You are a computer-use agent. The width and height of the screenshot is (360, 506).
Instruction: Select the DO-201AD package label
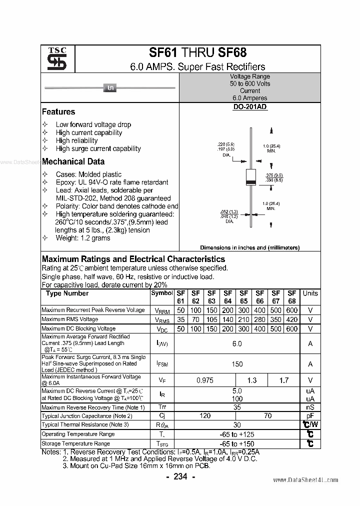249,107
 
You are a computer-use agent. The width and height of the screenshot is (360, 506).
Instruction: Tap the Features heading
58,112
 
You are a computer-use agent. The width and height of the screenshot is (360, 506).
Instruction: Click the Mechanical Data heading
73,161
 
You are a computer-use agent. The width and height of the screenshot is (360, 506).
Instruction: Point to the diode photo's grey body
110,88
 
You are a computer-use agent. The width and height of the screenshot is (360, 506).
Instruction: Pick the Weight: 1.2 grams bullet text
83,238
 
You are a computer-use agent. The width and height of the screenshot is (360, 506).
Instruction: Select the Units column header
310,293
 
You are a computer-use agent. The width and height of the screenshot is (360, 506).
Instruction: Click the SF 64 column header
227,297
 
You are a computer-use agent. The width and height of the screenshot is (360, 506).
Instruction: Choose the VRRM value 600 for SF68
292,310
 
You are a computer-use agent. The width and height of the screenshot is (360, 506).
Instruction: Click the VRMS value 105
211,319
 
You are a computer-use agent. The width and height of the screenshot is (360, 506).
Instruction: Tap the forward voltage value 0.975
205,380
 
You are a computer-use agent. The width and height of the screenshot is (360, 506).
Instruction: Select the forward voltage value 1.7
284,380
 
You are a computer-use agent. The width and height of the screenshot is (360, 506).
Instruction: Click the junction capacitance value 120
205,415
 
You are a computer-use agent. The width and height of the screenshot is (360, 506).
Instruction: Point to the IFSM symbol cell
162,364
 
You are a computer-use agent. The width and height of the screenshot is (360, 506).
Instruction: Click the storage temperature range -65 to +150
237,443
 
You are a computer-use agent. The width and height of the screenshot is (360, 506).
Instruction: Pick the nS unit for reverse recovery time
310,407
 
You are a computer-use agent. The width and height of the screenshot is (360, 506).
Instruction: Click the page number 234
180,476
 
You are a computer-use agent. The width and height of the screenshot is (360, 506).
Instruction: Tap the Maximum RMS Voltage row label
70,319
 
